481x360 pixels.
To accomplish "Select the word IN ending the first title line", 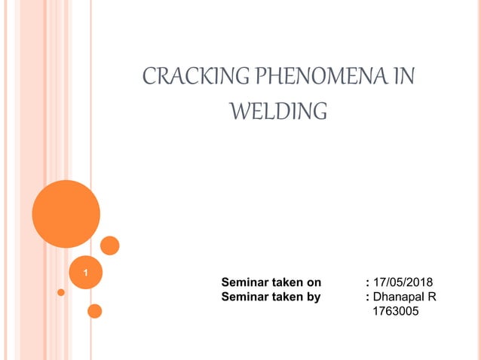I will point(405,78).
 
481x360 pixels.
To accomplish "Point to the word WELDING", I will point(277,112).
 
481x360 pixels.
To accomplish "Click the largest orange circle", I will point(66,214).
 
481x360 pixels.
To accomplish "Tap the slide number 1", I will point(85,271).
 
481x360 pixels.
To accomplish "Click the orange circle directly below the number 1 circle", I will point(95,310).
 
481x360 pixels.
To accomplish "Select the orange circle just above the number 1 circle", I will point(110,246).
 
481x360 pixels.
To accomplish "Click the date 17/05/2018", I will point(403,282).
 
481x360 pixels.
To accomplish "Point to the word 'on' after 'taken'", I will point(314,282).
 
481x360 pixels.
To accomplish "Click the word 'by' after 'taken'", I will point(313,297).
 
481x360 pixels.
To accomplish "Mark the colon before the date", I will point(366,282).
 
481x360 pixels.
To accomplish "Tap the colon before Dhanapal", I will point(366,297).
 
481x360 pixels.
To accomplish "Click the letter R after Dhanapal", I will point(432,297).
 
